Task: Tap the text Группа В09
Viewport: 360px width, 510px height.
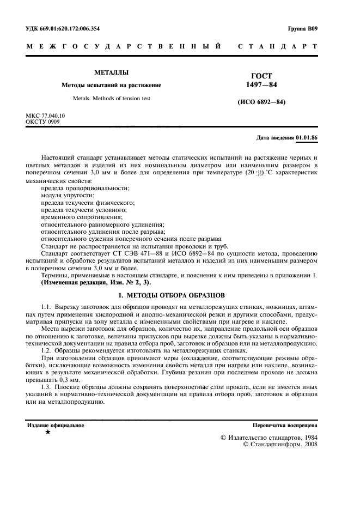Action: click(302, 28)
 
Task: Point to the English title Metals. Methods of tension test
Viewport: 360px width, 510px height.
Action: click(111, 99)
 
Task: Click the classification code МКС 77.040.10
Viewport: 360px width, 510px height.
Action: click(45, 116)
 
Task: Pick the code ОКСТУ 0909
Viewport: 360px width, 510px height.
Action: click(42, 122)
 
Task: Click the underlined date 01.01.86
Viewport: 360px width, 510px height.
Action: click(307, 138)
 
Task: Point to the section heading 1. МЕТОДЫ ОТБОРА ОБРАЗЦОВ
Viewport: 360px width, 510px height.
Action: click(171, 295)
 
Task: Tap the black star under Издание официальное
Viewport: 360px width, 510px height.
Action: click(48, 432)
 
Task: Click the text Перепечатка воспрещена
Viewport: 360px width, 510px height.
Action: click(285, 425)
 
